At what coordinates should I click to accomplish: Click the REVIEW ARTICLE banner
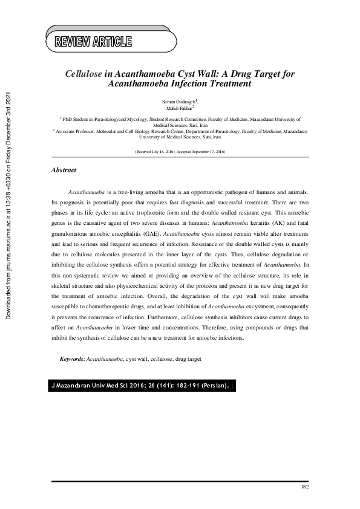tap(93, 42)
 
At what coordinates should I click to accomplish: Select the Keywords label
tap(73, 359)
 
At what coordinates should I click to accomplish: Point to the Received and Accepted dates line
tap(180, 152)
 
